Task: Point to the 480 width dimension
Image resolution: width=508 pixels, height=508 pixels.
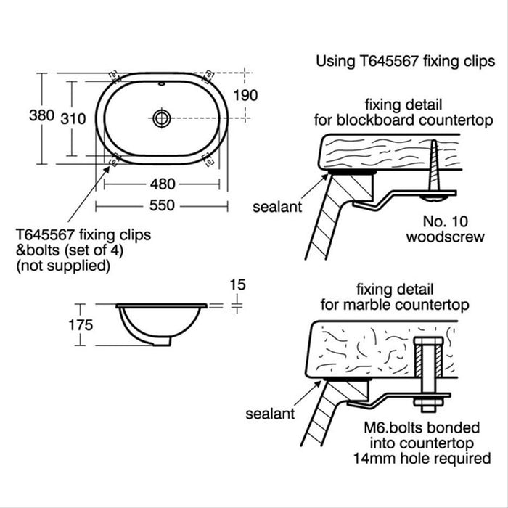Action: [162, 184]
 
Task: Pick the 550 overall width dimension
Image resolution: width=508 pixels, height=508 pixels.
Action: [162, 205]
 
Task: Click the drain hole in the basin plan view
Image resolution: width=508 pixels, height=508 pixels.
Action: [161, 118]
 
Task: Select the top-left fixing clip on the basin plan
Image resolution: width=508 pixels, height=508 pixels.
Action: [113, 74]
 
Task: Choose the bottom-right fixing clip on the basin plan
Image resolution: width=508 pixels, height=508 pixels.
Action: [208, 159]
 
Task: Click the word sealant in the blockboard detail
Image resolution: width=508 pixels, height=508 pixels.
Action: [276, 207]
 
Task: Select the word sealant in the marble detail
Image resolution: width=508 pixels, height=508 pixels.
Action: [270, 414]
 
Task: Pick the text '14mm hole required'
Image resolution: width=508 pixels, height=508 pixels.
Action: [421, 458]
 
